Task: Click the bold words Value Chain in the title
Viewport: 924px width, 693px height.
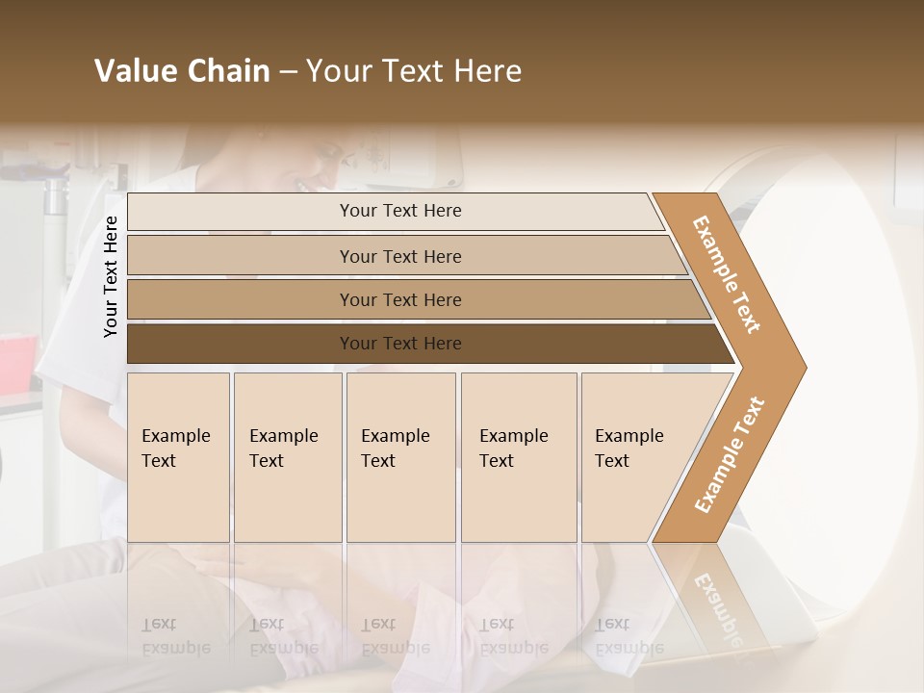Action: click(182, 71)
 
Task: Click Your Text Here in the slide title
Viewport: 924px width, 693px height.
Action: click(414, 71)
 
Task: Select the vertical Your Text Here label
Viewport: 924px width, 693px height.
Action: click(111, 276)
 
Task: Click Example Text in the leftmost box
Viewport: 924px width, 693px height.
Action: click(175, 449)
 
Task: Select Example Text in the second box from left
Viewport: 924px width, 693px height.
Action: click(283, 449)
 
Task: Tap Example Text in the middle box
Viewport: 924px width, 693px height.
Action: click(395, 449)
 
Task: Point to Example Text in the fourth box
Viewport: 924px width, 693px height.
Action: click(513, 449)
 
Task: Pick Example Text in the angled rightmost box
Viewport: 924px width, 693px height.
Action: click(629, 449)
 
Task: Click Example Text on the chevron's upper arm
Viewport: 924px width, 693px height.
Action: click(727, 274)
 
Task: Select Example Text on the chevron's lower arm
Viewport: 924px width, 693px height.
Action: click(729, 455)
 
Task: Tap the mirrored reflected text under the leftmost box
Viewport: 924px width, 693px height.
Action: click(175, 635)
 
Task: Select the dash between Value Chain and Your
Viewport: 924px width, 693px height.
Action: click(288, 72)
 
